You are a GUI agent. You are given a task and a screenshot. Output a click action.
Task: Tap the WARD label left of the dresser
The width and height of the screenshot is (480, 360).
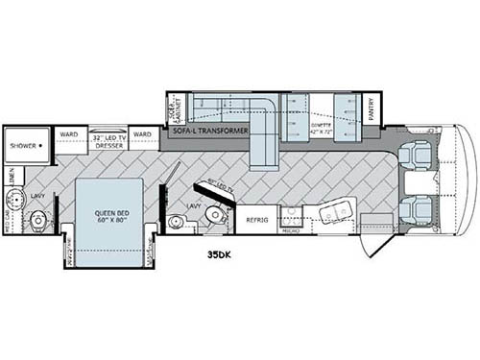[68, 134]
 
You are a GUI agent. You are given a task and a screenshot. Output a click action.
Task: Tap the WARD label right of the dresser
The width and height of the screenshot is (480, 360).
[142, 134]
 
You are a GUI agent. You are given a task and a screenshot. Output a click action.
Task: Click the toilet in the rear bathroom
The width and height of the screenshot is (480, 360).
[37, 221]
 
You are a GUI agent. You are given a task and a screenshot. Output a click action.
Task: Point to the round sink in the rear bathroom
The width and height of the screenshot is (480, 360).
[15, 201]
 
